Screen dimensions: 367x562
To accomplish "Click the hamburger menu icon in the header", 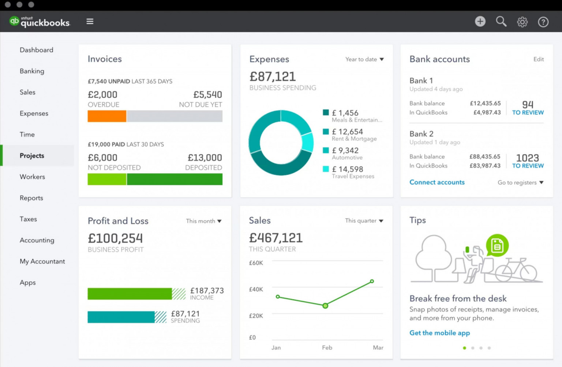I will click(90, 22).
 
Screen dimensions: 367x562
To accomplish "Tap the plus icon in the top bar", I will click(480, 22).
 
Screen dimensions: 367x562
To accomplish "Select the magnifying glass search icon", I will click(501, 22).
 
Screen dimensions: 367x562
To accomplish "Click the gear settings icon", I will click(522, 22).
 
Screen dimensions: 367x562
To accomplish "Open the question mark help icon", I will click(543, 22).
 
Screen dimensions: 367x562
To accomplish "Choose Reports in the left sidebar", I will click(31, 198).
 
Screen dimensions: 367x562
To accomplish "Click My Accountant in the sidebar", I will click(42, 262).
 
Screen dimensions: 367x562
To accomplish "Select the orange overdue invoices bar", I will click(107, 116).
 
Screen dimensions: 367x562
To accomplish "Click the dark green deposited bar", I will click(175, 179).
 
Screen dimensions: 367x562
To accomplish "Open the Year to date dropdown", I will click(364, 59).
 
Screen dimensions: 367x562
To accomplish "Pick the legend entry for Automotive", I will click(347, 153).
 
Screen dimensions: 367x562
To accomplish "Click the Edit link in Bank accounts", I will click(538, 59).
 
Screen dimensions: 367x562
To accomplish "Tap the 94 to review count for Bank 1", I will click(528, 108).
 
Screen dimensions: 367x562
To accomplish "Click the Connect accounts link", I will click(437, 182).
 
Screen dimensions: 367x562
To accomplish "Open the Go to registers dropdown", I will click(520, 183).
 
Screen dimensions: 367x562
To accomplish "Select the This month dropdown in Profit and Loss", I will click(203, 221).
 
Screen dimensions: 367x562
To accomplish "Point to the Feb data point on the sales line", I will click(325, 305).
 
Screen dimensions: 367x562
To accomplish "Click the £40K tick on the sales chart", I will click(256, 289).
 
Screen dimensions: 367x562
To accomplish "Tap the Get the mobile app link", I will click(439, 333).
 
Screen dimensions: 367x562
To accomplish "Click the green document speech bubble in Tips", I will click(497, 245).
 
